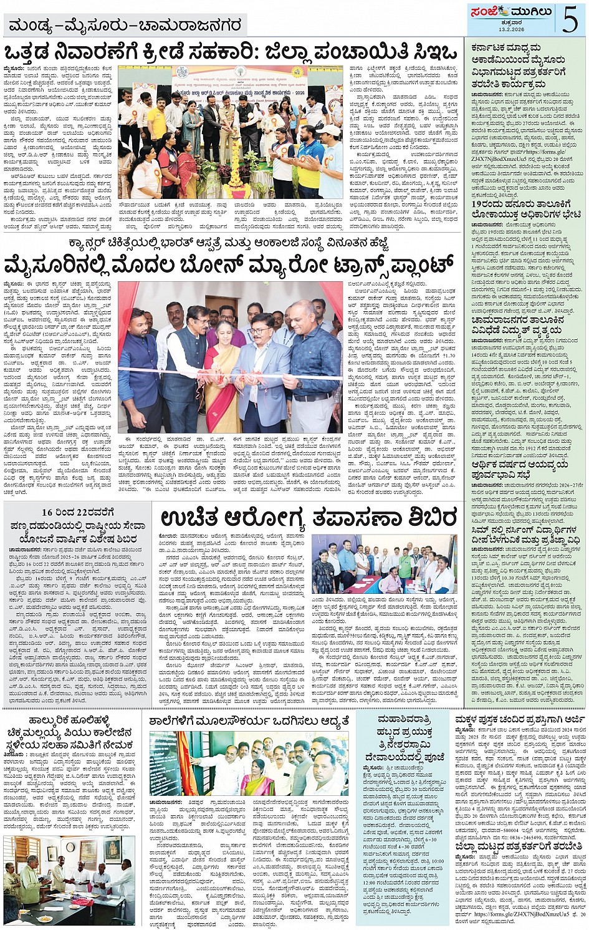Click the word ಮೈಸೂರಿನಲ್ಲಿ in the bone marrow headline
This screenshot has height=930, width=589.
tap(68, 264)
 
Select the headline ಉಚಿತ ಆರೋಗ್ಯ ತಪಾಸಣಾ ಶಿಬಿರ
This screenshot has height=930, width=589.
tap(309, 517)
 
